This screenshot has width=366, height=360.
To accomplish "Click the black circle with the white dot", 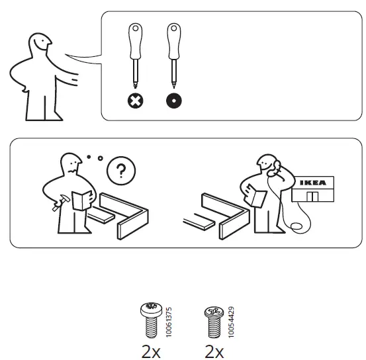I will (174, 103).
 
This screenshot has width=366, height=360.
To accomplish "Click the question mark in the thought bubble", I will (120, 171).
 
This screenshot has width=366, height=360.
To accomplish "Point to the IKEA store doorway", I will (313, 197).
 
